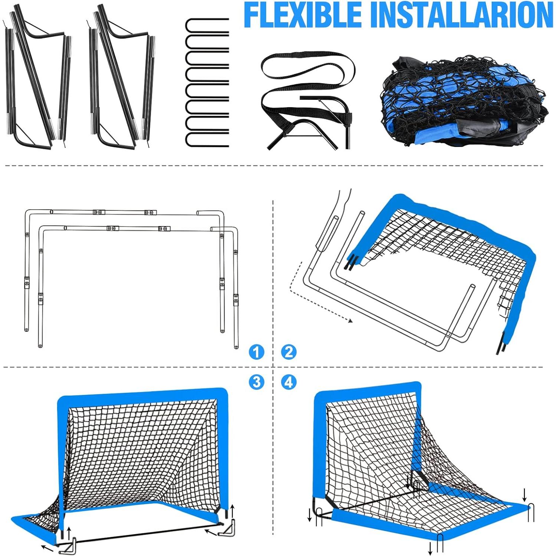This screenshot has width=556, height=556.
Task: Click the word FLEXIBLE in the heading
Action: click(303, 15)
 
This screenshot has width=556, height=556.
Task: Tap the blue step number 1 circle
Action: click(256, 351)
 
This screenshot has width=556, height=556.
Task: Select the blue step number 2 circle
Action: click(289, 351)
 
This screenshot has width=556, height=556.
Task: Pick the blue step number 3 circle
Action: click(256, 382)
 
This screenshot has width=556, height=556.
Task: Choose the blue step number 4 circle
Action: click(289, 382)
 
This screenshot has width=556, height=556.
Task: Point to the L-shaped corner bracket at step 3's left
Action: click(69, 545)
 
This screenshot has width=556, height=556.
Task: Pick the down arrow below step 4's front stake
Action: click(431, 548)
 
